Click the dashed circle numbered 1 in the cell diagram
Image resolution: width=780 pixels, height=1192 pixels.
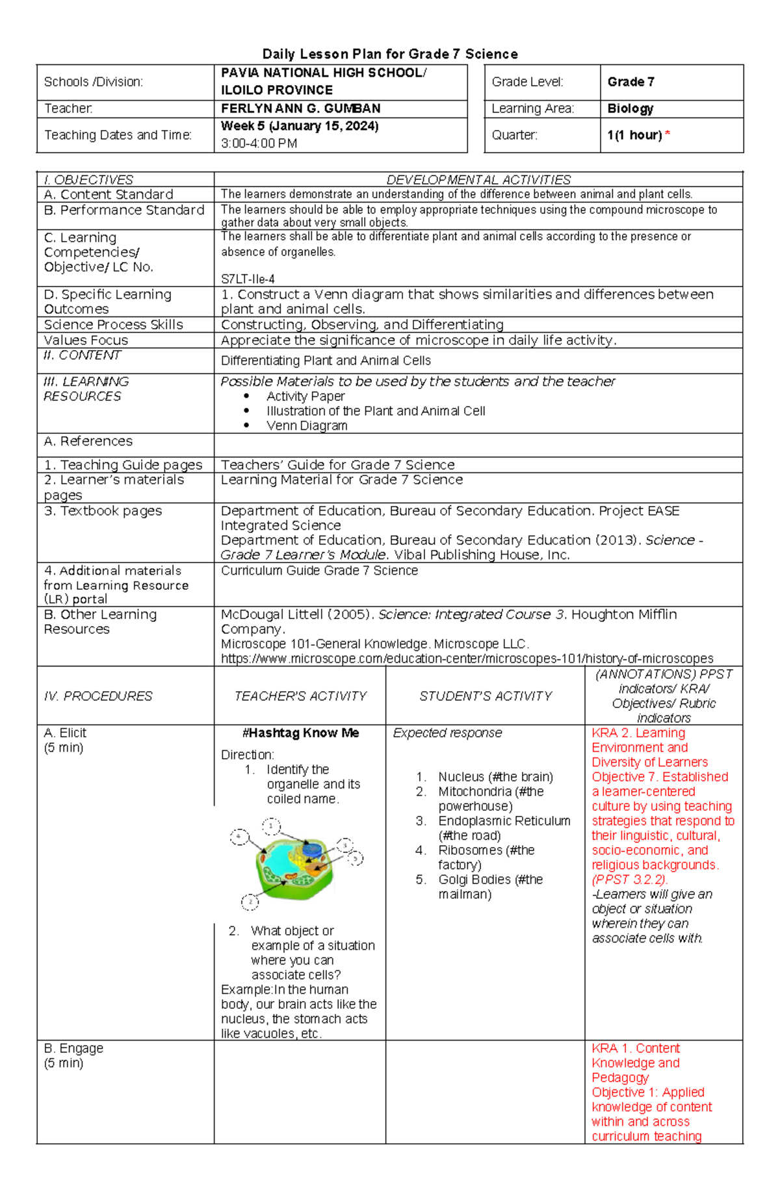coord(271,826)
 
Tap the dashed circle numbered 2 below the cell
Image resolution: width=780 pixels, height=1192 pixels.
coord(250,902)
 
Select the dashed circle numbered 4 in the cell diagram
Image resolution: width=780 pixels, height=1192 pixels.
coord(239,837)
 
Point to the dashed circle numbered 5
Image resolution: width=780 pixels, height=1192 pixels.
coord(356,858)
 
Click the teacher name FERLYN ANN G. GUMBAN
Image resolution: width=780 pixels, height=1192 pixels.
coord(300,108)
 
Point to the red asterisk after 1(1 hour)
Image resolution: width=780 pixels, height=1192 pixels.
coord(667,134)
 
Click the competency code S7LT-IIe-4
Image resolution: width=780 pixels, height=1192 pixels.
coord(248,279)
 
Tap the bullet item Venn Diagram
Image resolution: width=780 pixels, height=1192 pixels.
coord(307,425)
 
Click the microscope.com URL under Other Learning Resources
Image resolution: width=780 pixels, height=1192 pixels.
coord(467,659)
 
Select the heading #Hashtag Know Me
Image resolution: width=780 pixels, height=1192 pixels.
coord(300,733)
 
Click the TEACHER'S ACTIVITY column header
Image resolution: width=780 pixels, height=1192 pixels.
coord(300,696)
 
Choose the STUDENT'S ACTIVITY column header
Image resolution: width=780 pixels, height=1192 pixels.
coord(485,696)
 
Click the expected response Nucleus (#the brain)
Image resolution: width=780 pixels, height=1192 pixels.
coord(495,777)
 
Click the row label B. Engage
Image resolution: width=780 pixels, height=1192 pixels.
coord(73,1048)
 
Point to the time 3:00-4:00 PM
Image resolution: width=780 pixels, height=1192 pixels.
coord(259,144)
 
